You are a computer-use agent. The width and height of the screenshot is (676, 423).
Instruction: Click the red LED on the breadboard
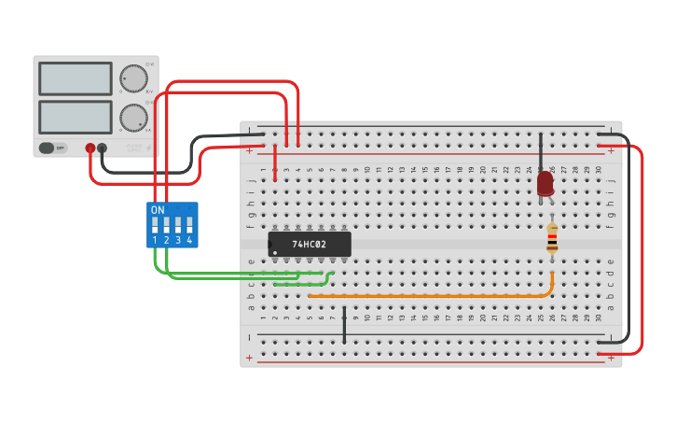click(545, 183)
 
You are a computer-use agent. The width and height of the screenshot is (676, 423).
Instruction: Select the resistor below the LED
click(552, 239)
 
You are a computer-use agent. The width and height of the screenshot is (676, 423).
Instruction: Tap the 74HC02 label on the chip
click(309, 245)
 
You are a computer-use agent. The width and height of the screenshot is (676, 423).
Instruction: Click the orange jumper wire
click(429, 295)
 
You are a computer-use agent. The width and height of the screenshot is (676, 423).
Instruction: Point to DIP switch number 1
click(155, 225)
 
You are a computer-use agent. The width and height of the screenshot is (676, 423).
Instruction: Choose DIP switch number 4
click(189, 225)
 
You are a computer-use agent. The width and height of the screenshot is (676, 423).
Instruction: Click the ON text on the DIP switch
click(158, 210)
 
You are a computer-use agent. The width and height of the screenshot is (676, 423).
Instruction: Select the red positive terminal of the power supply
click(90, 148)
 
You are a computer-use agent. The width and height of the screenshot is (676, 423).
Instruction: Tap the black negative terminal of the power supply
click(102, 148)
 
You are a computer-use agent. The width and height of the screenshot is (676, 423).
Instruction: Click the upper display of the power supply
click(76, 78)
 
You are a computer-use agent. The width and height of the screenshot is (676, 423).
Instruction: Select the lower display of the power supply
click(76, 117)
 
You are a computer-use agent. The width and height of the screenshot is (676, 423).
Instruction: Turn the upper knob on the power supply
click(133, 78)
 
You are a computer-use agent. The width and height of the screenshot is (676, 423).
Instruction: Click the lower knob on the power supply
click(133, 118)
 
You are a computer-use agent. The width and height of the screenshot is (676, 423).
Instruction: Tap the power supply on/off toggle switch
click(52, 148)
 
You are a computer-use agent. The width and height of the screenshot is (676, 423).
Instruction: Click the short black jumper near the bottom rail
click(344, 325)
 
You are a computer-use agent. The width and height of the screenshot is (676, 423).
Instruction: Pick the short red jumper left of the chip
click(275, 162)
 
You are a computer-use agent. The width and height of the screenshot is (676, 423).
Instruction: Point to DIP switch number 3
click(178, 225)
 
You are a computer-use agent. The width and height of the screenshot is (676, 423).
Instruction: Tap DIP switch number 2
click(166, 225)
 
